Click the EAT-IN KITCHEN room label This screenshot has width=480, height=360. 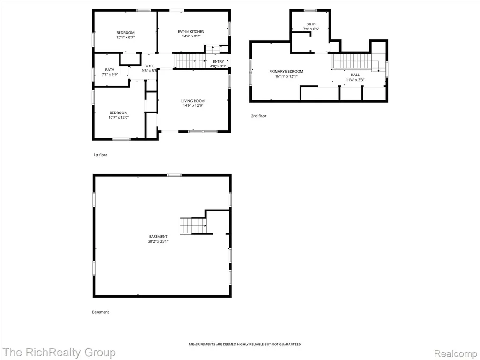[191, 31]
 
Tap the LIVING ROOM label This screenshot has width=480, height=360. [193, 101]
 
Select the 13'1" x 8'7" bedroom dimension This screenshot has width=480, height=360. [125, 37]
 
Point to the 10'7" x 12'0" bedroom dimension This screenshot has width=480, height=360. [119, 117]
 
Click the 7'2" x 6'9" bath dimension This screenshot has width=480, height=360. [110, 75]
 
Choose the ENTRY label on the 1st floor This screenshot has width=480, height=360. [218, 61]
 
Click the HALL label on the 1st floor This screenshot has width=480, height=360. [150, 66]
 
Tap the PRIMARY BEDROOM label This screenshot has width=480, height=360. [286, 71]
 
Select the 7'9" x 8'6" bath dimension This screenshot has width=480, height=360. [311, 29]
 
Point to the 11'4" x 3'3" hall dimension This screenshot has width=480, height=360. [355, 80]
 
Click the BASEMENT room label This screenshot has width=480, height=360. [158, 237]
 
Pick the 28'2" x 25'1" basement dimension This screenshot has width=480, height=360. [158, 241]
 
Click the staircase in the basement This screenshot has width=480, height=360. [193, 225]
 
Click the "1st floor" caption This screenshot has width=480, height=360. [100, 155]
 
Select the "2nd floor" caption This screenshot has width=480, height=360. [259, 116]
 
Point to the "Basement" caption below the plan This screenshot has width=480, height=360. [100, 312]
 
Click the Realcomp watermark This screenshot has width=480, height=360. [456, 353]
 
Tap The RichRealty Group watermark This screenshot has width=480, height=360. [59, 352]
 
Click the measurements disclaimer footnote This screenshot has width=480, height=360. [245, 345]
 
